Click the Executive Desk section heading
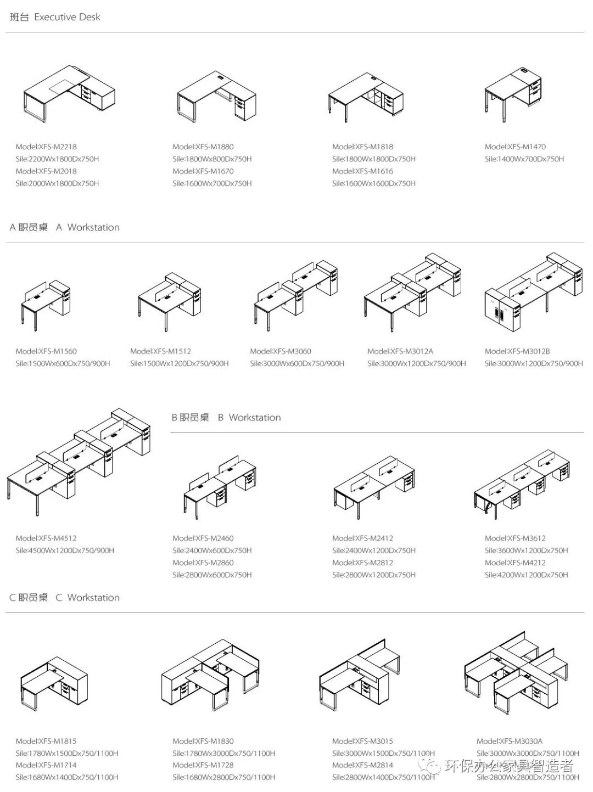pos(55,17)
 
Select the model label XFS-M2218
pos(46,147)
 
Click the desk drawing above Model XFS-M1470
pos(513,94)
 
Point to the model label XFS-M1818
pos(363,147)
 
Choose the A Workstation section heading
pos(65,227)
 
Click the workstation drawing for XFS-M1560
pos(46,305)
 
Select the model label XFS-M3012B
pos(517,351)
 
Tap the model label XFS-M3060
pos(281,351)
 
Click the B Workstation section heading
pos(226,418)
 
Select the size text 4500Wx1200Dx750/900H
pos(65,551)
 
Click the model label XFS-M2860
pos(203,563)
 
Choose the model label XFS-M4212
pos(515,563)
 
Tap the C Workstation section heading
pos(65,598)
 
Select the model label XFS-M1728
pos(203,765)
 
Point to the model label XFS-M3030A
pos(509,741)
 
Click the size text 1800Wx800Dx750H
pos(212,159)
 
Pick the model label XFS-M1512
pos(161,351)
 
